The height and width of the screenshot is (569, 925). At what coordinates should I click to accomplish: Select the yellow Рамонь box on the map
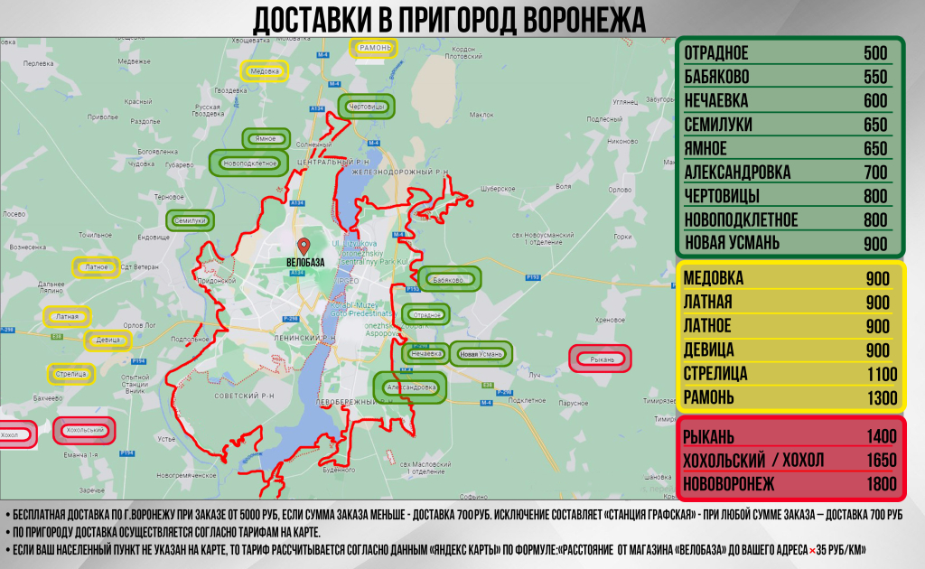(374, 48)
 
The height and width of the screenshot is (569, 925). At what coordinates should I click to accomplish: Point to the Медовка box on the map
(264, 71)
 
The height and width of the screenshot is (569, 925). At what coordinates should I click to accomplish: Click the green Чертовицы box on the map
(367, 107)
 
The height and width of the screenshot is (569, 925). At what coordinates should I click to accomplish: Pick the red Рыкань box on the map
(603, 359)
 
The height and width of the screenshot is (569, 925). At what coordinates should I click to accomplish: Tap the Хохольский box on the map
(86, 431)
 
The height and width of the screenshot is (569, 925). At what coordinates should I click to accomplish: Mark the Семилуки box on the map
(191, 219)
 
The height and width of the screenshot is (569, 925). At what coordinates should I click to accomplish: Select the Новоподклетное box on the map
(248, 163)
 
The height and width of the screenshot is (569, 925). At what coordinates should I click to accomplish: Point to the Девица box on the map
(107, 340)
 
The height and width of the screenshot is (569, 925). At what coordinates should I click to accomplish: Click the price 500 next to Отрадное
(875, 53)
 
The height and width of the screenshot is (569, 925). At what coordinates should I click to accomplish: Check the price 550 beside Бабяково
(875, 77)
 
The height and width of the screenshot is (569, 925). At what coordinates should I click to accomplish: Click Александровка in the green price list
(737, 172)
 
